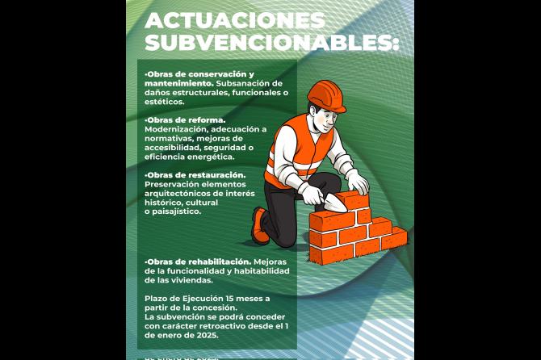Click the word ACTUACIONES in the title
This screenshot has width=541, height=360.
[x=235, y=21]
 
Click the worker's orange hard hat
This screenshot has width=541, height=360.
[x=326, y=97]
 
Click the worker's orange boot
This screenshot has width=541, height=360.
[x=259, y=226]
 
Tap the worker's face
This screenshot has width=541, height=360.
[x=325, y=119]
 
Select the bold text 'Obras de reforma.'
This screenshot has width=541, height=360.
[x=185, y=120]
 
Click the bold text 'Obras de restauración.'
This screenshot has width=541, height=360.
[x=195, y=175]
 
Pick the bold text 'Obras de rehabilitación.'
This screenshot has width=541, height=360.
[x=198, y=262]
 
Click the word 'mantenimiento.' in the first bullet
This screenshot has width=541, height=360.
[x=179, y=83]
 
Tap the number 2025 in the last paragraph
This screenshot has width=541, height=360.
[x=208, y=335]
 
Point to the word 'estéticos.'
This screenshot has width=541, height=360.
[x=164, y=102]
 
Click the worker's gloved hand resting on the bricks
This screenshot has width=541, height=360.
[x=358, y=182]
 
